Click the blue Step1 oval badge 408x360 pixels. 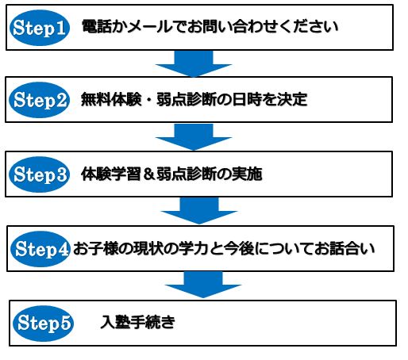point(40,28)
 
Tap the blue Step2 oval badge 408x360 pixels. point(39,100)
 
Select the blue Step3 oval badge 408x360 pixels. point(39,174)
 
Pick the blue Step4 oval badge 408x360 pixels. point(40,249)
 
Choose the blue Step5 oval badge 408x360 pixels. point(43,324)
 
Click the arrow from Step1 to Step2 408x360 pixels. point(194,63)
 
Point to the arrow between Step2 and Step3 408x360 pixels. point(194,136)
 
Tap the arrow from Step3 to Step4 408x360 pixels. point(199,211)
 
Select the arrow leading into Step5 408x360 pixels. point(203,285)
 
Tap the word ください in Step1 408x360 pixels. point(309,26)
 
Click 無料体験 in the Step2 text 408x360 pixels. point(111,99)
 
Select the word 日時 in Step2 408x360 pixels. point(247,99)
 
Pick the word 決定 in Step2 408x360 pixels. point(292,99)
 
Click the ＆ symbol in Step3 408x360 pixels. point(148,174)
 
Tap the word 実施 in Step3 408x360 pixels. point(247,174)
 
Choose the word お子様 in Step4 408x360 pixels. point(95,249)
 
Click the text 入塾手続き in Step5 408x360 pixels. point(137,322)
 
